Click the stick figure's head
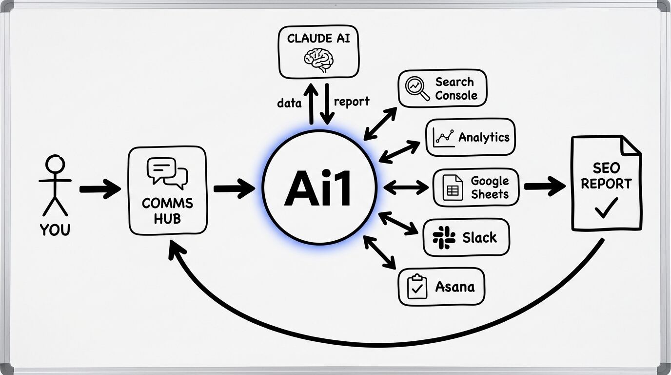(55, 164)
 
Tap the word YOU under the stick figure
(55, 229)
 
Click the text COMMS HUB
(167, 210)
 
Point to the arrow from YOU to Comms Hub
(99, 188)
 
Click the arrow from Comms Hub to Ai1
(234, 188)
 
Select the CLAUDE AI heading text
(318, 39)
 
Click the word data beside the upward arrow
(289, 103)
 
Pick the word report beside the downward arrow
(352, 102)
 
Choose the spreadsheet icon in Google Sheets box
(452, 187)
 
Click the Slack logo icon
(444, 238)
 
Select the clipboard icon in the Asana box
(416, 287)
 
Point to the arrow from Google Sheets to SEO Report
(544, 187)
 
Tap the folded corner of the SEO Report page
(631, 145)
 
